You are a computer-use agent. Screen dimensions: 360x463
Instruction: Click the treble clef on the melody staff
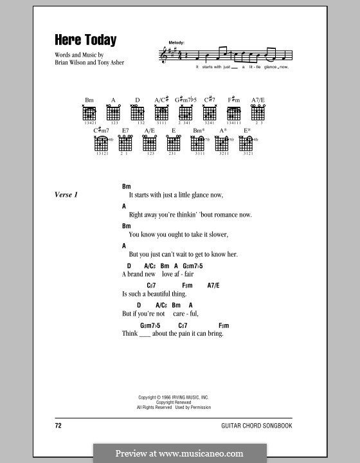(x=161, y=57)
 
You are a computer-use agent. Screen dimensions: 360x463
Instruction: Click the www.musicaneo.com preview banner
(x=180, y=453)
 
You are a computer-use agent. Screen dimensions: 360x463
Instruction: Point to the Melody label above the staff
(x=176, y=42)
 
